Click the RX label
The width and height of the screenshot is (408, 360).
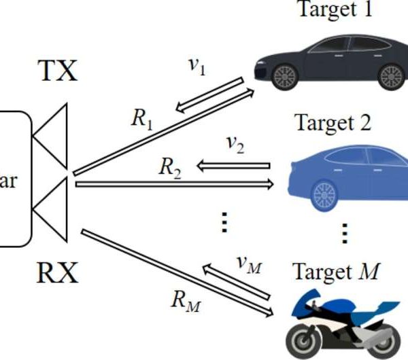pyautogui.click(x=57, y=273)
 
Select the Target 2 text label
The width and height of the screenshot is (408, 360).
pyautogui.click(x=333, y=124)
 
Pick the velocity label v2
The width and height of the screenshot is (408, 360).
pyautogui.click(x=235, y=145)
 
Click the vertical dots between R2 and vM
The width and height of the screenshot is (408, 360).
pyautogui.click(x=222, y=222)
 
